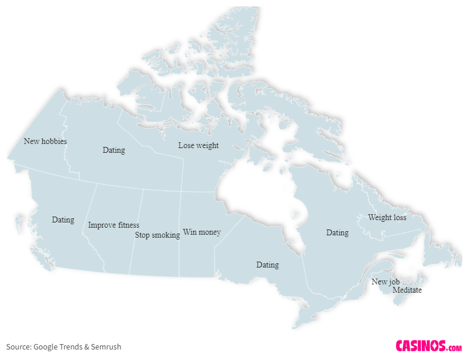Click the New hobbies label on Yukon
click(x=45, y=141)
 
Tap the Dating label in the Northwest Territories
click(x=113, y=150)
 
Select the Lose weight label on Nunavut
click(x=198, y=145)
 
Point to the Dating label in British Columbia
click(x=63, y=220)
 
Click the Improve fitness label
click(x=113, y=225)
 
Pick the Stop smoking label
click(x=157, y=235)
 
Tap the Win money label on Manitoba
click(x=202, y=232)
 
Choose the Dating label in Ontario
click(x=267, y=265)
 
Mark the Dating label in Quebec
click(x=337, y=232)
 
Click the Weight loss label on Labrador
click(x=387, y=217)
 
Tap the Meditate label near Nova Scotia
click(x=407, y=290)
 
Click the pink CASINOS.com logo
click(x=428, y=346)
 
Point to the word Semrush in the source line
click(x=106, y=347)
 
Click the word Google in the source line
click(x=46, y=347)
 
